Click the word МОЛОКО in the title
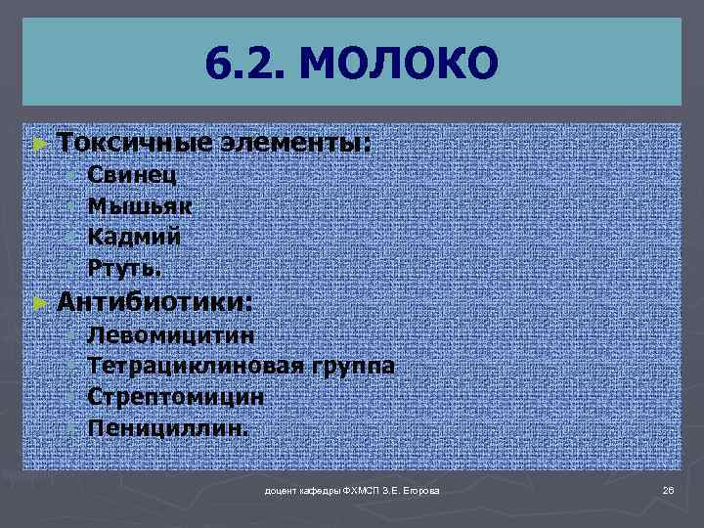[x=400, y=65]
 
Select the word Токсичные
[x=135, y=143]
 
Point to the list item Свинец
[x=132, y=176]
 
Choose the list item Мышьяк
[x=140, y=206]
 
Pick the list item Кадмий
[x=134, y=236]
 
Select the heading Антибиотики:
[x=154, y=301]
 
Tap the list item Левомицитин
[x=172, y=335]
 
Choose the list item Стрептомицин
[x=175, y=397]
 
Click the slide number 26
[x=669, y=489]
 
